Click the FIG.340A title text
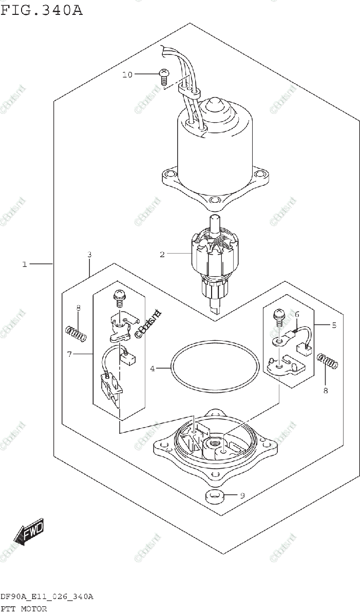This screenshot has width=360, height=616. point(42,10)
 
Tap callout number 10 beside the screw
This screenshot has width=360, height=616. point(127,75)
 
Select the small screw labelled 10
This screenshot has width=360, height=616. point(164,75)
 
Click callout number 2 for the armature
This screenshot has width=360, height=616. point(162,254)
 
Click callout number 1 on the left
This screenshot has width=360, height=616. point(24,264)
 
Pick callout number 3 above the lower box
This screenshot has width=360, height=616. point(89,255)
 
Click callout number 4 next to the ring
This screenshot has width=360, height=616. point(153,368)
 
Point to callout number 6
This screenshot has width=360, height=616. point(296,314)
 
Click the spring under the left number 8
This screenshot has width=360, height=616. point(77,334)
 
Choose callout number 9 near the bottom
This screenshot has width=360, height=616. point(242,495)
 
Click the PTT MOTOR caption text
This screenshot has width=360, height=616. point(24,609)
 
